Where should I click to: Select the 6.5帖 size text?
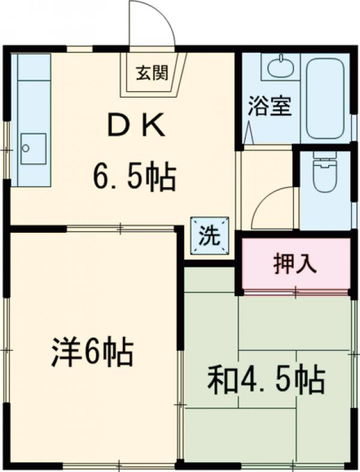(134, 178)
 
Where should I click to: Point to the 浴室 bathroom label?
(269, 107)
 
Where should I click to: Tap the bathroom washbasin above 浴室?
(280, 68)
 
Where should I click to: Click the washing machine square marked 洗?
(210, 235)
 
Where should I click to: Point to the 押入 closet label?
(295, 264)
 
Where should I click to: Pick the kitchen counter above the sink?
(32, 90)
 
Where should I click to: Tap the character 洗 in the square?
(210, 235)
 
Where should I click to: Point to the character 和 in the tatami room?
(221, 379)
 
